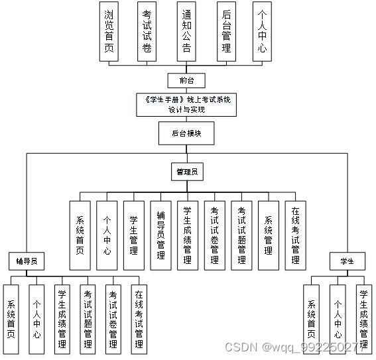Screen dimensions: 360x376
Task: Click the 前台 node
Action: pyautogui.click(x=187, y=81)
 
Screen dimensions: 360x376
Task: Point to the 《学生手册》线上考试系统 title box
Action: pyautogui.click(x=187, y=105)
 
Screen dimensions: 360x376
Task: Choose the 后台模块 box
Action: pyautogui.click(x=187, y=133)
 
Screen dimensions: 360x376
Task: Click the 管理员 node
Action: pyautogui.click(x=187, y=172)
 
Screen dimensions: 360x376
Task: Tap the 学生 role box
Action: pyautogui.click(x=347, y=261)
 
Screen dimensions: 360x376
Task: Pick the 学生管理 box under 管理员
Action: pyautogui.click(x=133, y=235)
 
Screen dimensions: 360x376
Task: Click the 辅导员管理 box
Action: pyautogui.click(x=160, y=235)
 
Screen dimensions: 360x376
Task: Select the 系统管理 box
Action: pyautogui.click(x=268, y=235)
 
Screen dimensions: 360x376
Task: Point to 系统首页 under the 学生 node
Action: pyautogui.click(x=312, y=319)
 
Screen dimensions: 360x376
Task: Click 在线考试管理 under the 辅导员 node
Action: pyautogui.click(x=139, y=319)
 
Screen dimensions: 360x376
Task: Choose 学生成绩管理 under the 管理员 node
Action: pyautogui.click(x=187, y=235)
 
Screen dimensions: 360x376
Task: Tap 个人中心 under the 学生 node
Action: pyautogui.click(x=338, y=319)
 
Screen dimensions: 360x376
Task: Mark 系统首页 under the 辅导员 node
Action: pyautogui.click(x=12, y=319)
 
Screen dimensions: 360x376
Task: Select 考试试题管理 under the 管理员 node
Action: pyautogui.click(x=241, y=235)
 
